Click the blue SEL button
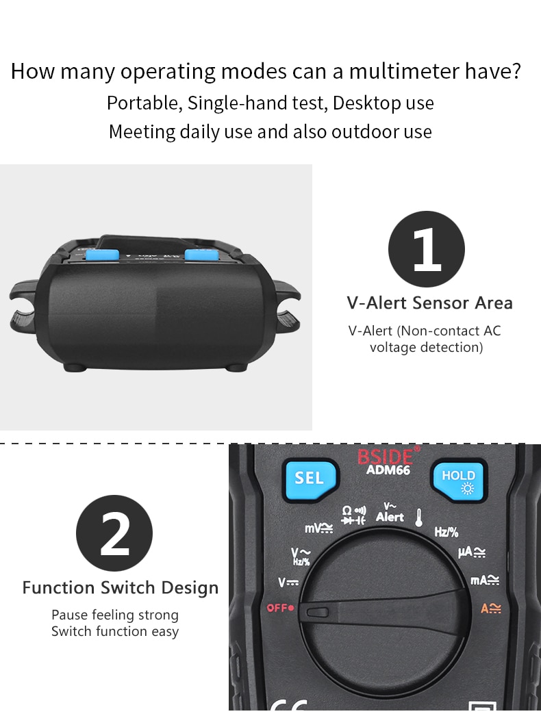coord(309,477)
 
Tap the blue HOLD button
coord(458,481)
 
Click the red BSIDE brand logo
coord(386,457)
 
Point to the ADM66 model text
coord(388,470)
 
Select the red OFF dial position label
coord(280,607)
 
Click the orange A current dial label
coord(490,608)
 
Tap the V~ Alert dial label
coord(390,513)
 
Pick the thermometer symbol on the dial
coord(417,517)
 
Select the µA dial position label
coord(472,552)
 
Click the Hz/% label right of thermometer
coord(446,532)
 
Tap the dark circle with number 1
coord(427,249)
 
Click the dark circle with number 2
coord(114,533)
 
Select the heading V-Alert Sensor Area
coord(429,303)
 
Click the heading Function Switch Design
coord(121,587)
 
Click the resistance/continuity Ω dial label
coord(353,515)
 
